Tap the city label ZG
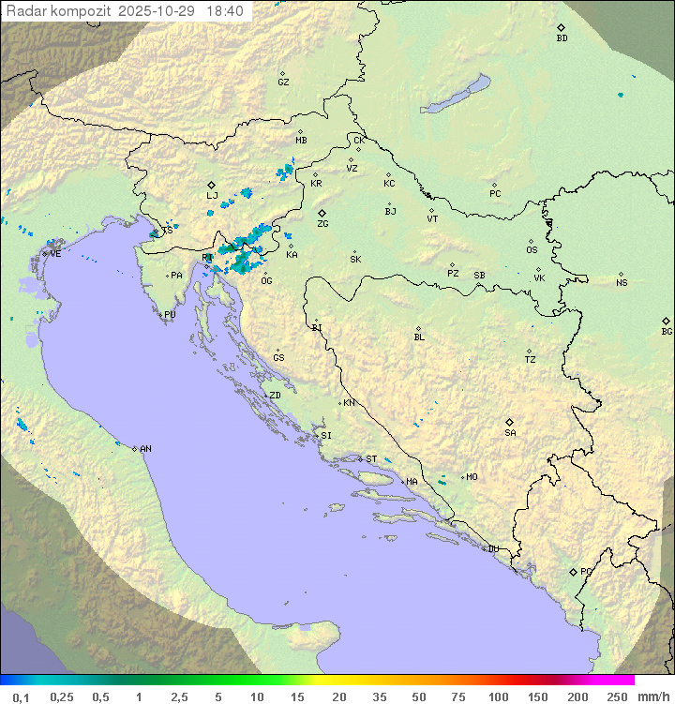[322, 224]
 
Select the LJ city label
[212, 196]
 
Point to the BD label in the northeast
[562, 38]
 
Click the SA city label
[510, 433]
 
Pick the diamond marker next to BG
[667, 321]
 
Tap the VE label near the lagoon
[55, 254]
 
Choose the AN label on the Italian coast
[145, 449]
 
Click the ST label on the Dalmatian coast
[371, 459]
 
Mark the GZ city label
[283, 82]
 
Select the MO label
[472, 477]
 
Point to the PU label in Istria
[170, 315]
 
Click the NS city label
[622, 283]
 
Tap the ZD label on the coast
[275, 396]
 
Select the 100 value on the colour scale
[498, 697]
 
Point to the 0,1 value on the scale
[21, 697]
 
